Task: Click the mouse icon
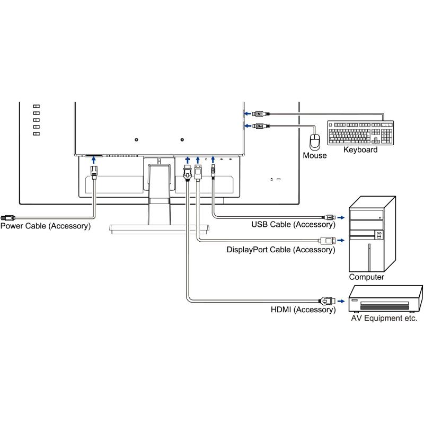(x=315, y=142)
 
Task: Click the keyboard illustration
(x=361, y=133)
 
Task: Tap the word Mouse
(x=315, y=156)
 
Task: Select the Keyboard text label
(x=360, y=150)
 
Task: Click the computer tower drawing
(x=372, y=233)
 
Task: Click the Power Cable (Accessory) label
(x=46, y=226)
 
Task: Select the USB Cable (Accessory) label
(x=293, y=225)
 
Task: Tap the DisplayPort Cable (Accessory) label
(x=281, y=249)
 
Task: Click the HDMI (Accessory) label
(x=303, y=310)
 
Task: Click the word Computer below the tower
(x=367, y=277)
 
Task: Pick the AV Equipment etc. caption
(x=384, y=319)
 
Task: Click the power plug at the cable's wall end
(x=8, y=217)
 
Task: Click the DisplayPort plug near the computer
(x=328, y=240)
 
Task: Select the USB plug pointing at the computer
(x=330, y=217)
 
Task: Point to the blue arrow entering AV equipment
(x=341, y=300)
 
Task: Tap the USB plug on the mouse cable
(x=260, y=126)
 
